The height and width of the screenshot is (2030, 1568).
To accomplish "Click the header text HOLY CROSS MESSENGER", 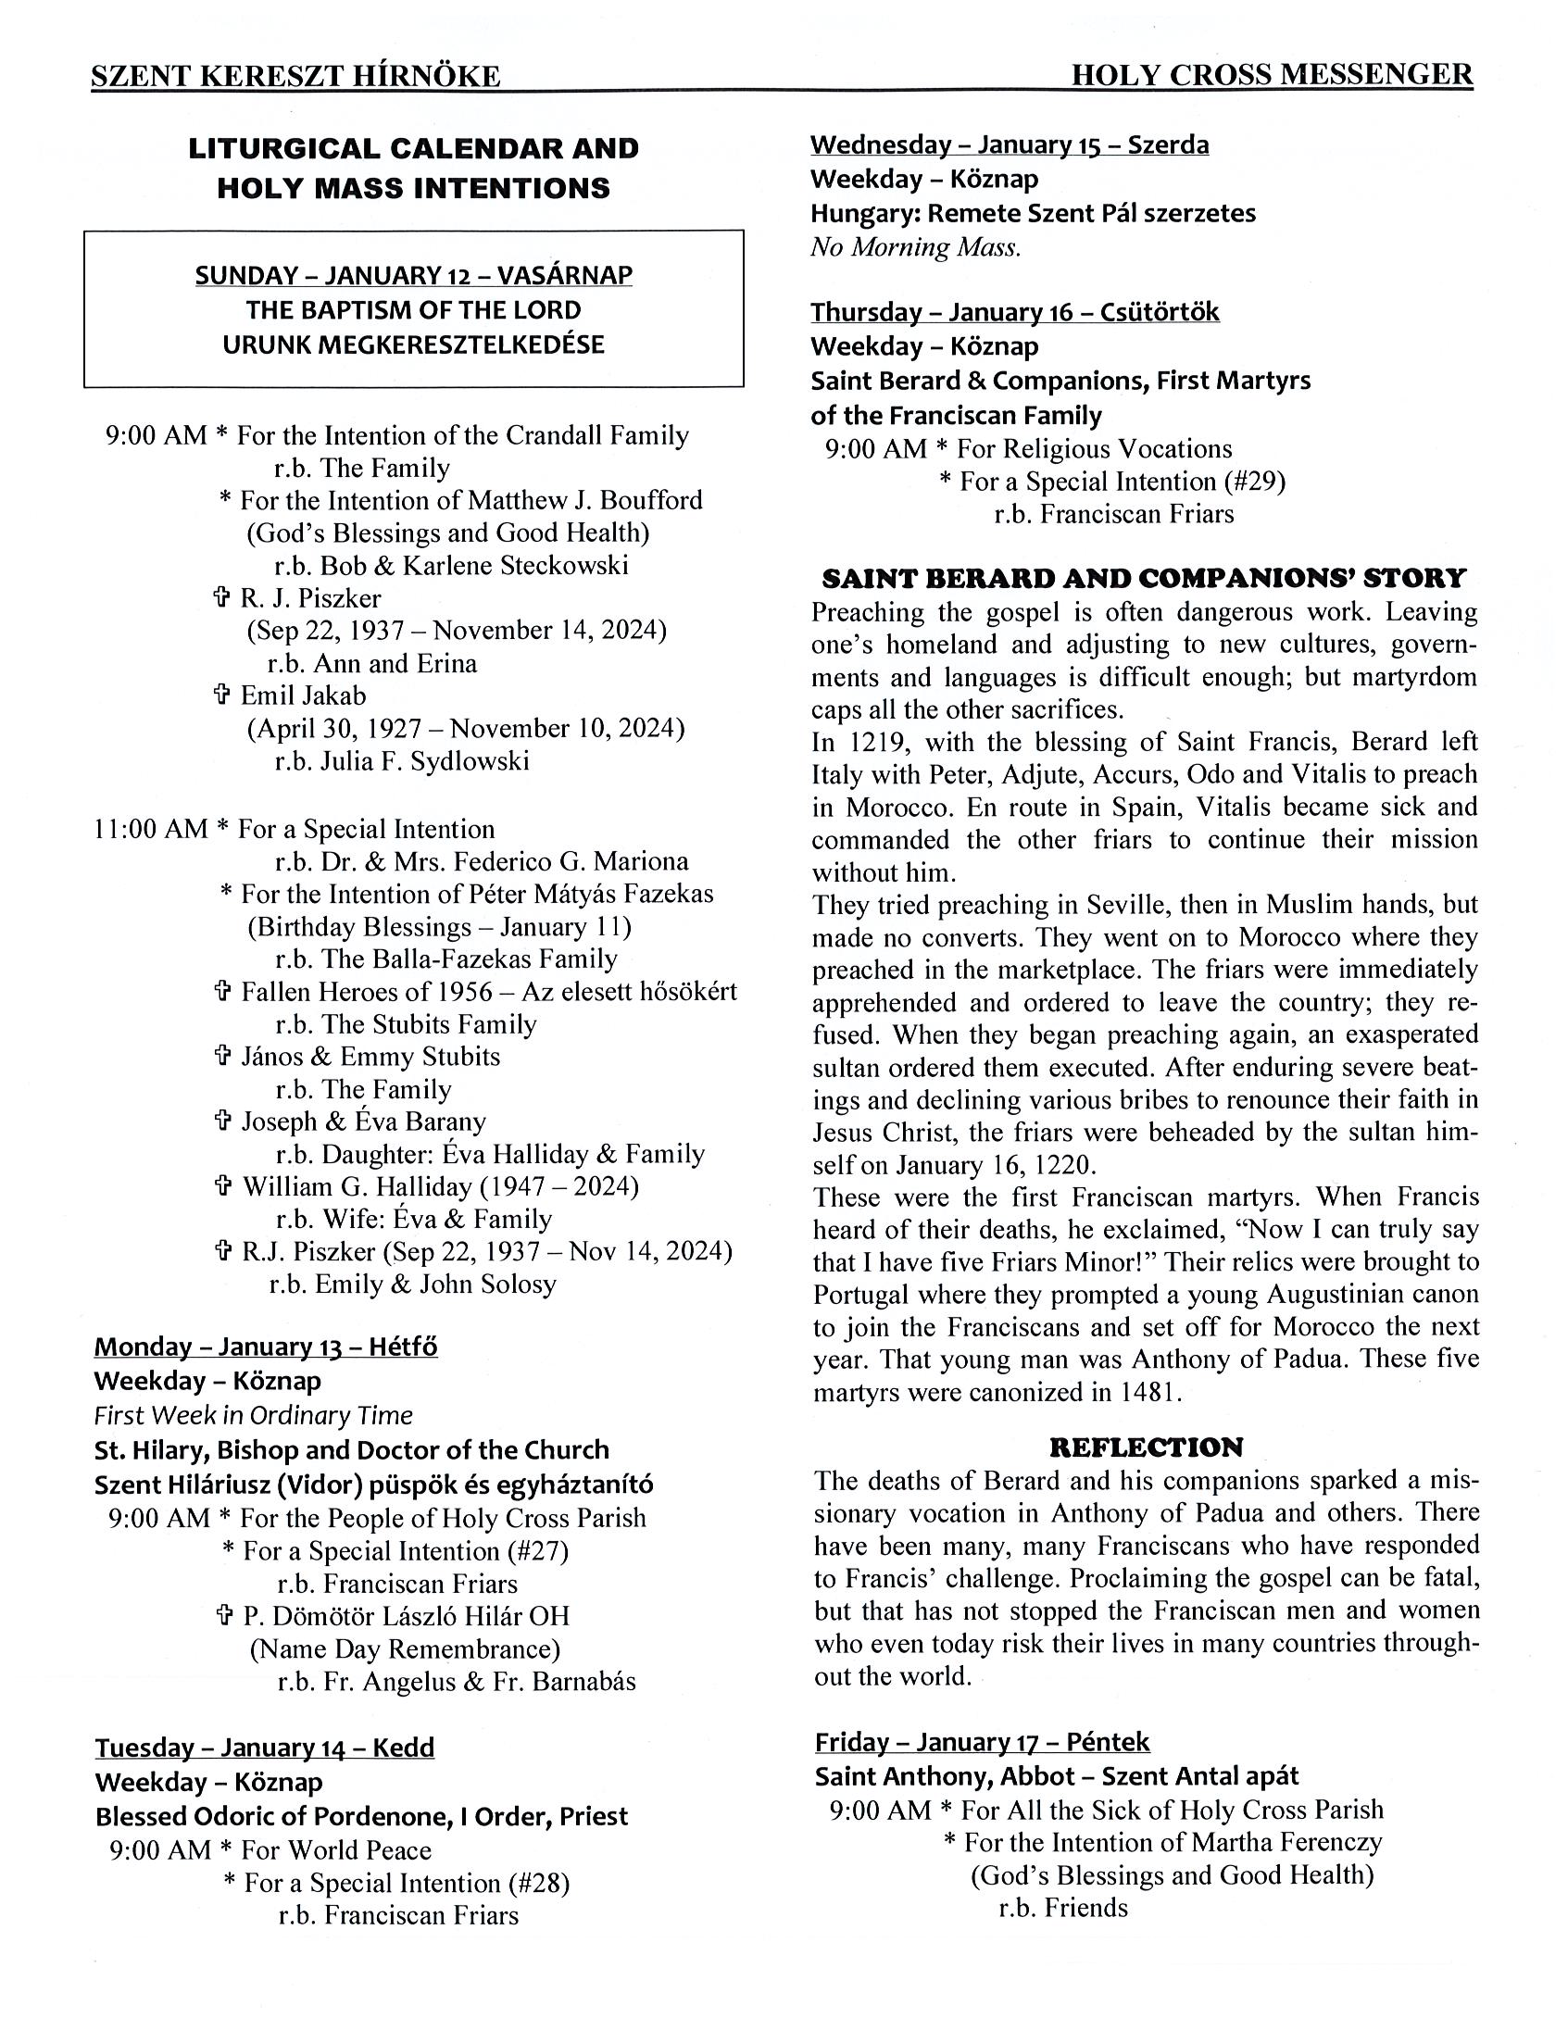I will click(1271, 75).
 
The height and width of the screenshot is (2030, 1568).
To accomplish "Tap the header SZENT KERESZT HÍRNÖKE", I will click(295, 76).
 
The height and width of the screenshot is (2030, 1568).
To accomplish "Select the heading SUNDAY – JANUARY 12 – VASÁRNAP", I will click(414, 276).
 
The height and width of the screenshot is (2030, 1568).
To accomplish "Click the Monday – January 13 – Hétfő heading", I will click(266, 1347).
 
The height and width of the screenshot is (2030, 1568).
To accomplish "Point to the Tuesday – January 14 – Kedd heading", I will click(264, 1748).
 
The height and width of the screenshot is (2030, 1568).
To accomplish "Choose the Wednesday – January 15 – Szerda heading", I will click(1010, 145).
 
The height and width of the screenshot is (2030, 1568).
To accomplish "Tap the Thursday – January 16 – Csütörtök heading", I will click(1014, 312).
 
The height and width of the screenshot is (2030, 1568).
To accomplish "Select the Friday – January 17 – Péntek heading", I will click(982, 1742).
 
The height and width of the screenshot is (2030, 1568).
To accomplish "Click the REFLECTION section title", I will click(1145, 1447).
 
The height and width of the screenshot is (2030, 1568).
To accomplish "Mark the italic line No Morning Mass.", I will click(916, 247).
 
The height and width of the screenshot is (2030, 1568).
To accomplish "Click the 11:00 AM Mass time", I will click(151, 829).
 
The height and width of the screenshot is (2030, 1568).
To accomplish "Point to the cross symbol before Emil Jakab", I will click(222, 695).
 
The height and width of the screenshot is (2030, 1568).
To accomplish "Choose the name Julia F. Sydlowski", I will click(425, 761).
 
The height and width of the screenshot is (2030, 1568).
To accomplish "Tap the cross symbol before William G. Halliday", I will click(223, 1186).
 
